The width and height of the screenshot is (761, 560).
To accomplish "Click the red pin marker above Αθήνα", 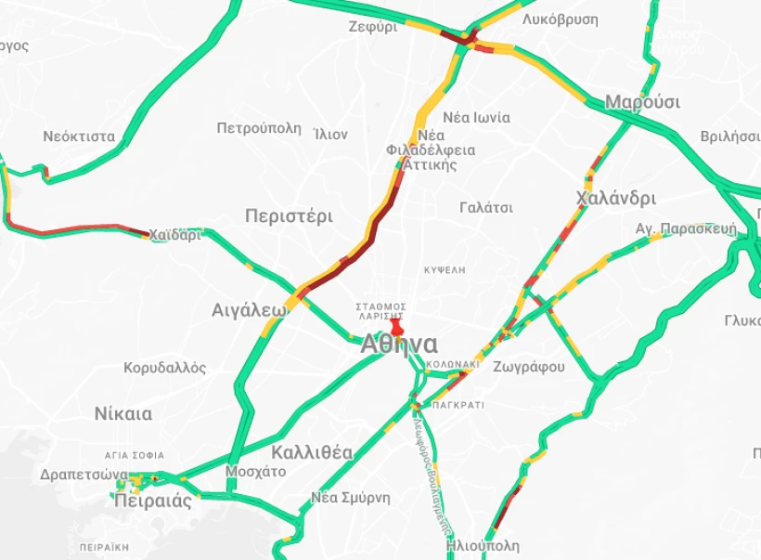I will pos(397,326).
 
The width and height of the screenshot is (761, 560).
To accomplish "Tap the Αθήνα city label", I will pos(399,345).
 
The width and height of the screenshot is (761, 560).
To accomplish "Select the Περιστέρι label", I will pos(289,216).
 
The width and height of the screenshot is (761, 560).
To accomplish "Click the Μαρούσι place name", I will pos(642,102).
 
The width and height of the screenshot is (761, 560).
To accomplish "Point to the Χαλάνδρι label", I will pos(615,198).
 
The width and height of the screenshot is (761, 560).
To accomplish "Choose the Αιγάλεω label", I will pos(249,310).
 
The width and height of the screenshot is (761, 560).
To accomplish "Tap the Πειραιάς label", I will pos(153,501).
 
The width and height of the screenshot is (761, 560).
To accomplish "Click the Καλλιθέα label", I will pos(313,452).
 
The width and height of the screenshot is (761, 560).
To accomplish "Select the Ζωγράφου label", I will pos(529,367).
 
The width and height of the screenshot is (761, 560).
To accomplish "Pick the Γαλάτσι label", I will pos(486,207).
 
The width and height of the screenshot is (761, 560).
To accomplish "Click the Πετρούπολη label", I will pos(259,128).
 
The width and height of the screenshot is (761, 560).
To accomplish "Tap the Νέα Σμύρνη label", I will pos(351,498).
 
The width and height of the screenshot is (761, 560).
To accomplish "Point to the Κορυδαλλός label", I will pos(165,368).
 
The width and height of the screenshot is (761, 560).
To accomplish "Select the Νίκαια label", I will pos(123,414).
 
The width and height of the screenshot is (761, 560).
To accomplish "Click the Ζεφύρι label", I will pos(373,27).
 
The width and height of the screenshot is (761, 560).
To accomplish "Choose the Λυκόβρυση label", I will pos(560,19).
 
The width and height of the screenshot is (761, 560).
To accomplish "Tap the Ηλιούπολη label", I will pos(483,546).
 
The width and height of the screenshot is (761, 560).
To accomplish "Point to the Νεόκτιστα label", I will pos(79,137).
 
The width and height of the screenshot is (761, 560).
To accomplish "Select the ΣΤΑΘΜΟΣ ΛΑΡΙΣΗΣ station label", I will pos(381,311).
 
